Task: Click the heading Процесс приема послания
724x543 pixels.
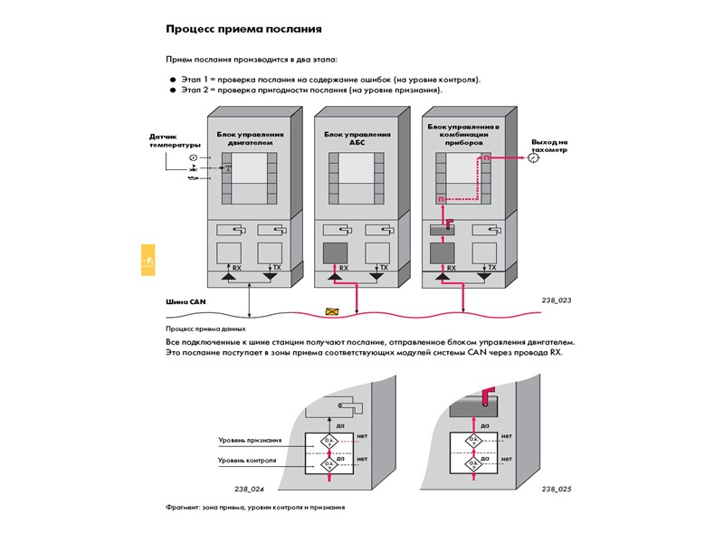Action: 243,28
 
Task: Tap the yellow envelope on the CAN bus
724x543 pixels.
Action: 333,312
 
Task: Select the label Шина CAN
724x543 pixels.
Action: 186,302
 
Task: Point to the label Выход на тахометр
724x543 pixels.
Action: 549,146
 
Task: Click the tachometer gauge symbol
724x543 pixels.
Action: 534,157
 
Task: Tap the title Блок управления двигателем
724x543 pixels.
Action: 251,138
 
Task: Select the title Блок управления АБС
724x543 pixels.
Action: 358,138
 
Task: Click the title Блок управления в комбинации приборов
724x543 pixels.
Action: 465,135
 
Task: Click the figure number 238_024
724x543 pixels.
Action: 249,489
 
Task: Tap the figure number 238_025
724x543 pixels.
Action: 556,489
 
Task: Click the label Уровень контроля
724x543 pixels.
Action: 247,461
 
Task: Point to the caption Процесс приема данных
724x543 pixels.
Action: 205,329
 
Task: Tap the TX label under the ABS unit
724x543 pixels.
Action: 384,268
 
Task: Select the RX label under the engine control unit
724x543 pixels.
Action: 237,268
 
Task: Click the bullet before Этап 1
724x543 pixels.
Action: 171,80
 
